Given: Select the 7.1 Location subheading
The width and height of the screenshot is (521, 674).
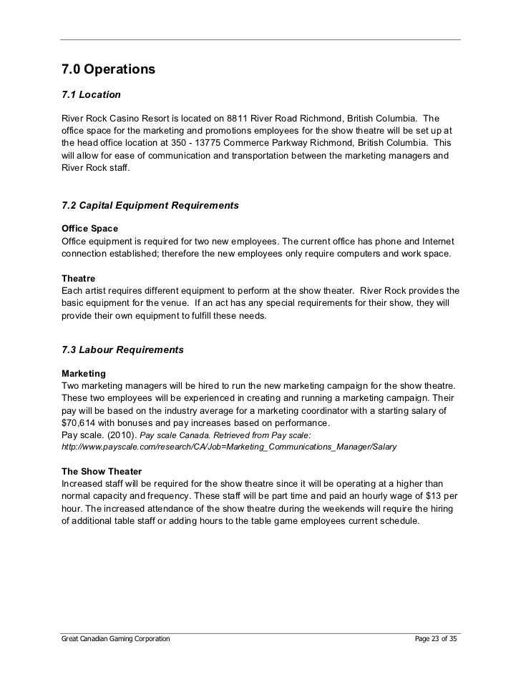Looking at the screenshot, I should coord(92,94).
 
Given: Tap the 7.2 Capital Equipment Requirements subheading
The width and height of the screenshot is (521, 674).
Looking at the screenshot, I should coord(150,206).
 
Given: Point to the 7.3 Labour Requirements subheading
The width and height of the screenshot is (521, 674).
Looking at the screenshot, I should coord(123,350).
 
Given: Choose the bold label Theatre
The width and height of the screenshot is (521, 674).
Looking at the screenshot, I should coord(79,278).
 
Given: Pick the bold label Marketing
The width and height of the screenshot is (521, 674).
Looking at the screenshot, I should coord(84,374).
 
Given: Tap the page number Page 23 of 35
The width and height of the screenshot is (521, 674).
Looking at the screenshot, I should coord(437,637).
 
